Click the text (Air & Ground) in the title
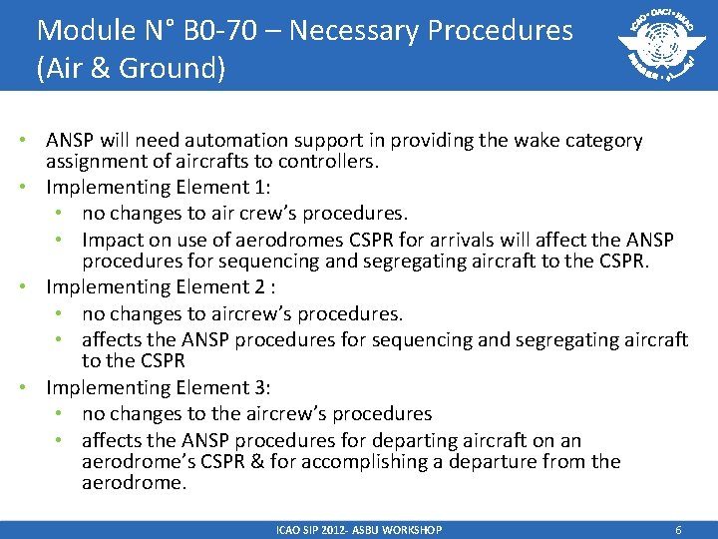[131, 69]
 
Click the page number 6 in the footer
[678, 530]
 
